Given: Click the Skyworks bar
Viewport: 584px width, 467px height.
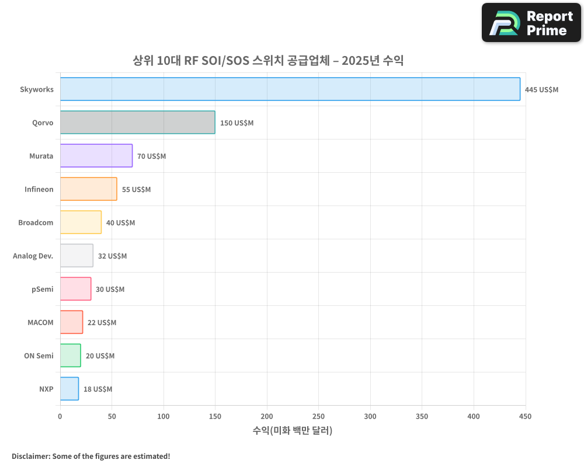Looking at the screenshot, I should (x=290, y=89).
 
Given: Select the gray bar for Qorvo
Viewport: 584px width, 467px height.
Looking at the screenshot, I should (x=137, y=123).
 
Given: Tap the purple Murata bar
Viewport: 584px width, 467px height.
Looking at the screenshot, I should (x=96, y=156).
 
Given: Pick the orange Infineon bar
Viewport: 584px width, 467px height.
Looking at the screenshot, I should (x=88, y=189).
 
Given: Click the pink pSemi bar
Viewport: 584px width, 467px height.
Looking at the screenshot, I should (x=75, y=289).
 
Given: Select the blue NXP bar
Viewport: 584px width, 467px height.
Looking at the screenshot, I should (x=69, y=389).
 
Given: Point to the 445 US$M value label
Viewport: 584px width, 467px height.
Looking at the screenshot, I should (x=541, y=90).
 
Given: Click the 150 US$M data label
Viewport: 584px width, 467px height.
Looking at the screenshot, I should (x=237, y=123).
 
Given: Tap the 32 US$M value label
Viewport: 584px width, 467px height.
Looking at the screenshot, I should (x=112, y=256).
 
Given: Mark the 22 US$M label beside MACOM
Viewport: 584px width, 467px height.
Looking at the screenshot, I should (x=102, y=323).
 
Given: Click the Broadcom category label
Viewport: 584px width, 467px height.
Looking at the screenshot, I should (x=36, y=222).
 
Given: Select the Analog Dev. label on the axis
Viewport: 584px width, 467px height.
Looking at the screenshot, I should (x=33, y=256).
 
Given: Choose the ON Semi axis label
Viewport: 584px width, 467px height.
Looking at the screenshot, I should (x=39, y=356).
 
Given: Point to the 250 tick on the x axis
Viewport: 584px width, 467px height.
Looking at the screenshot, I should (x=318, y=416).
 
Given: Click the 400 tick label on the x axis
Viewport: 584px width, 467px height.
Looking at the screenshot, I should (x=474, y=416).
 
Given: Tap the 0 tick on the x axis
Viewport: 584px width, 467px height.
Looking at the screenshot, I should (x=60, y=416).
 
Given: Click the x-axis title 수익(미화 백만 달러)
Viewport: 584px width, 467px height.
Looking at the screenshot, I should (x=292, y=431).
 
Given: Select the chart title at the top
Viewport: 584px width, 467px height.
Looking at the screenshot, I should (x=268, y=60).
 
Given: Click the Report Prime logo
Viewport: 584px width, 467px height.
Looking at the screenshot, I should (x=531, y=23).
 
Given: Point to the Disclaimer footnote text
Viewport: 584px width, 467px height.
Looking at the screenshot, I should (x=91, y=456).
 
